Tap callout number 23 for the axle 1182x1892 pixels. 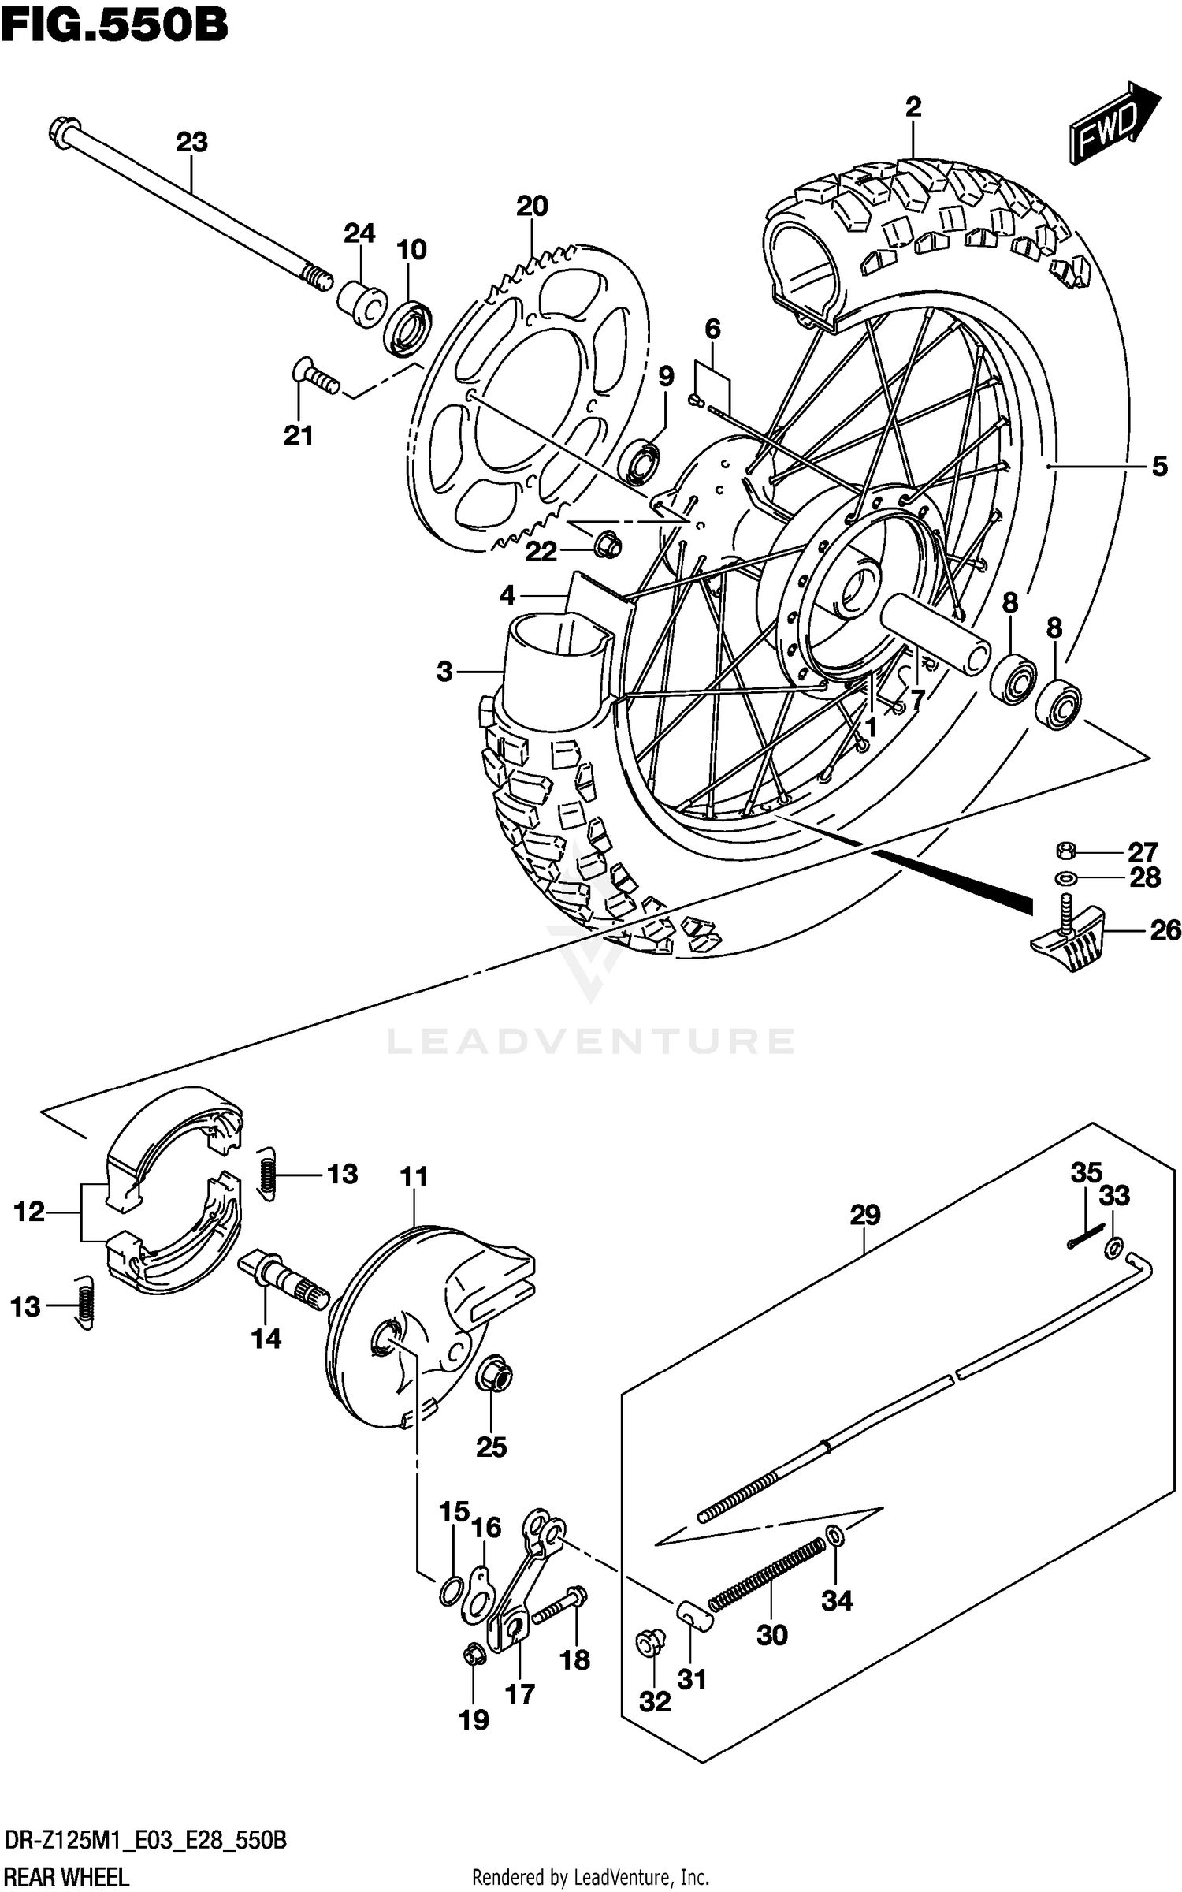pyautogui.click(x=191, y=143)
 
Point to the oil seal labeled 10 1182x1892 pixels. pyautogui.click(x=408, y=326)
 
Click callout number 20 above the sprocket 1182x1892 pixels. pyautogui.click(x=532, y=207)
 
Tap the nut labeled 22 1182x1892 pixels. pyautogui.click(x=606, y=542)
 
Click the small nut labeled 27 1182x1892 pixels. pyautogui.click(x=1065, y=851)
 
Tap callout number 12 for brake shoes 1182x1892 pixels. pyautogui.click(x=29, y=1212)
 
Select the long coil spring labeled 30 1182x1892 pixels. pyautogui.click(x=766, y=1571)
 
